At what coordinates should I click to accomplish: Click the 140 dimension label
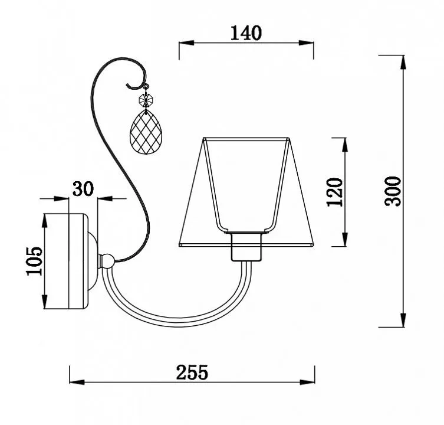point(246,33)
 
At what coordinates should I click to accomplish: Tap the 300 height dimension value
point(393,191)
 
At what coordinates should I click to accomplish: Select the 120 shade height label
point(335,192)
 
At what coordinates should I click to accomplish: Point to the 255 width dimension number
point(192,372)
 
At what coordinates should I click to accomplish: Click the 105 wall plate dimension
point(34,261)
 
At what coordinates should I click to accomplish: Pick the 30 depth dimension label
point(83,189)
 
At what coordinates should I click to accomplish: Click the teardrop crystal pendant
point(146,132)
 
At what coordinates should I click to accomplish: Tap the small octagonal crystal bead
point(146,100)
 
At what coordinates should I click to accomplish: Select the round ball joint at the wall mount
point(108,261)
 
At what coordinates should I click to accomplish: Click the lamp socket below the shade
point(246,246)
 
